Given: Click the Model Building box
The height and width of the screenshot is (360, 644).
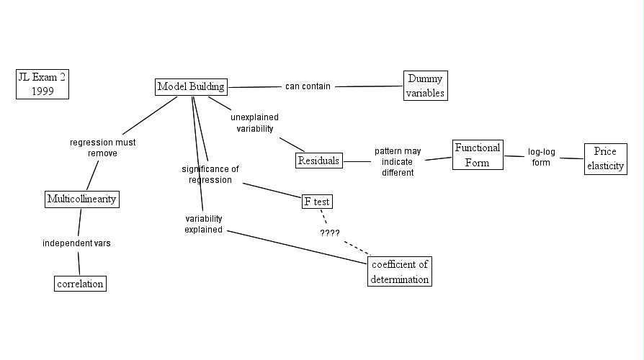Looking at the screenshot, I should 191,86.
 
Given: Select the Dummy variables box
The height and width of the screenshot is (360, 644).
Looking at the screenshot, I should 425,86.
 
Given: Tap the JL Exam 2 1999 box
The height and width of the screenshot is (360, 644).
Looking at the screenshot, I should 43,84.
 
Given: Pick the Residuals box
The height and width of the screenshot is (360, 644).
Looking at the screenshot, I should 318,161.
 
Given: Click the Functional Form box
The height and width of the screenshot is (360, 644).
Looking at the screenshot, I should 477,155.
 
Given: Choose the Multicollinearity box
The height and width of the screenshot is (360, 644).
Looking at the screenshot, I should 81,199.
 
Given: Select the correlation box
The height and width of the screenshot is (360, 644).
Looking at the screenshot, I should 80,284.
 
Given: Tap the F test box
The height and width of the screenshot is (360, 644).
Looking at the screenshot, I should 317,202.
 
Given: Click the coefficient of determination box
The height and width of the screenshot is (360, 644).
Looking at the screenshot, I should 400,271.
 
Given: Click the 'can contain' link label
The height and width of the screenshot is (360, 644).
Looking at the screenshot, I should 308,86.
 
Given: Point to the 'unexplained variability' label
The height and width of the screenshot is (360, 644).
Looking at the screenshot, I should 254,122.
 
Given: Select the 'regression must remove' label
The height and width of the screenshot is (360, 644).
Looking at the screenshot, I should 102,148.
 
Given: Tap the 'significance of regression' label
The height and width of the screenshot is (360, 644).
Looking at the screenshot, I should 210,174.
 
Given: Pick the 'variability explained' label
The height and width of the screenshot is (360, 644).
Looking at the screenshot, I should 203,224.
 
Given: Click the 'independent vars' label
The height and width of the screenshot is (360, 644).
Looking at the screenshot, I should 76,243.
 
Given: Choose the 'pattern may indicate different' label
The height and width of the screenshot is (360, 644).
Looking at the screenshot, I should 398,162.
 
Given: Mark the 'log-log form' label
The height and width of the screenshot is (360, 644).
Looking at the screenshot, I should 540,157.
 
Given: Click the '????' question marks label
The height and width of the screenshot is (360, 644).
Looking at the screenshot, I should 330,233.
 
